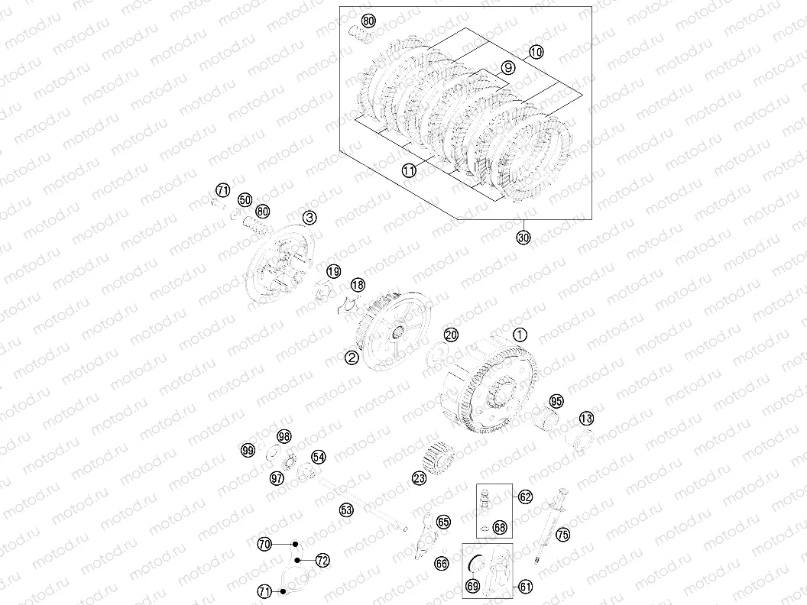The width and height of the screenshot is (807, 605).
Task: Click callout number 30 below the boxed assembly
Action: coord(523,238)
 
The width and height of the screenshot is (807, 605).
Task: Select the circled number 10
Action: coord(535,52)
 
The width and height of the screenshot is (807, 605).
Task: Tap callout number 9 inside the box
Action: coord(507,68)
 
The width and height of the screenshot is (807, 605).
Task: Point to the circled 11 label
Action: coord(410,171)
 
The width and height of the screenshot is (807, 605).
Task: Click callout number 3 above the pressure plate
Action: coord(309,218)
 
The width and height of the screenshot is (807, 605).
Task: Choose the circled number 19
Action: coord(332,271)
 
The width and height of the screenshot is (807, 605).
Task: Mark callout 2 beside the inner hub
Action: coord(352,357)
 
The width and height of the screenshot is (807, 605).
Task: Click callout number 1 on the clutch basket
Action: coord(520,335)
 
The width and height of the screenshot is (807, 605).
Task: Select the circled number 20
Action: coord(451,335)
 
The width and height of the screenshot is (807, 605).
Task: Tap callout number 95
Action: coord(556,401)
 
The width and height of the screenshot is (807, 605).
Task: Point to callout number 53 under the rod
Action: coord(346,509)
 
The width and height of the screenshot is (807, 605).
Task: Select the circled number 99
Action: coord(247,451)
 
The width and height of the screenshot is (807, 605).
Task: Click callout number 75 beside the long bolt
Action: coord(562,535)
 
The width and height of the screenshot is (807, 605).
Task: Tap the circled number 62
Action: coord(525,497)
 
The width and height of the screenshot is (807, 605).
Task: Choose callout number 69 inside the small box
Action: coord(472,586)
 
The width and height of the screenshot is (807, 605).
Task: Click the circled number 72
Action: coord(322,560)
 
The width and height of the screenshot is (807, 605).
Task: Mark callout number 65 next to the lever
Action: coord(444,521)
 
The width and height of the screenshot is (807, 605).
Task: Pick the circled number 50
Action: coord(245,199)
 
